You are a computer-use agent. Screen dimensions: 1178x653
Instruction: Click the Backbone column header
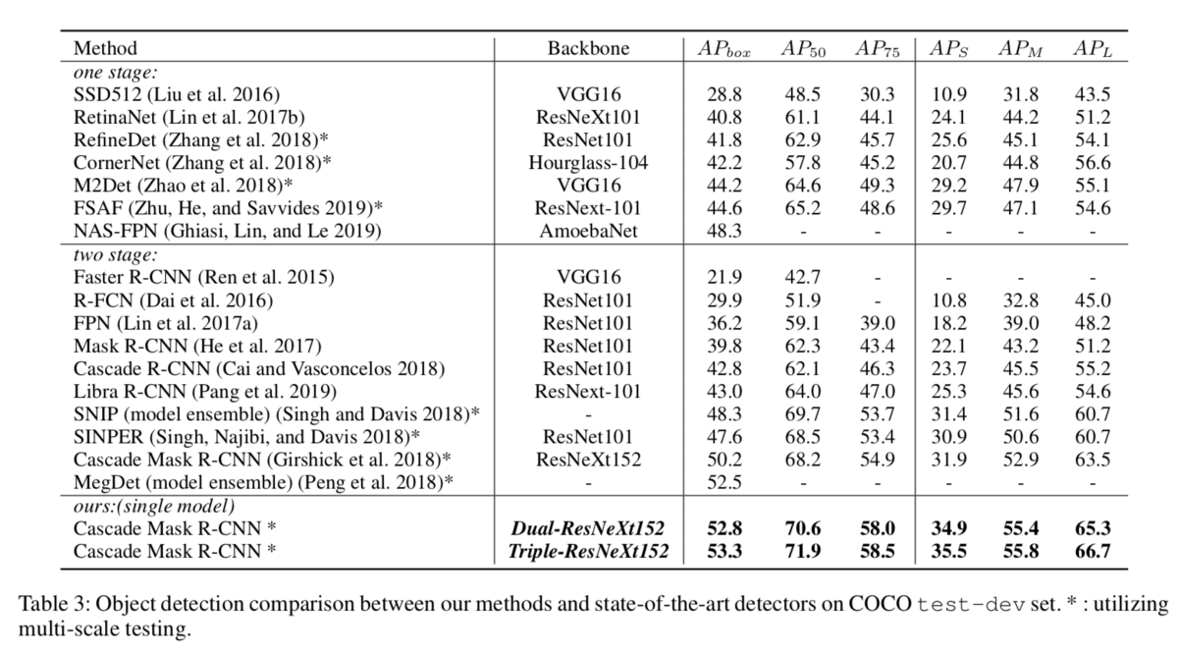tap(588, 48)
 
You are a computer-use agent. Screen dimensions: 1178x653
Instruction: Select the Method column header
tap(105, 48)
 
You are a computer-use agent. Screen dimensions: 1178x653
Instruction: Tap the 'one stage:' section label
tap(115, 72)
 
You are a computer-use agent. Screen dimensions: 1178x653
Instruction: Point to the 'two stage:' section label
tap(115, 254)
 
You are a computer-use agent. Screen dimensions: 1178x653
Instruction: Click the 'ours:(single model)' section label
tap(154, 506)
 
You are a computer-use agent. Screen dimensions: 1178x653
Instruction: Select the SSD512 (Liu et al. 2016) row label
tap(177, 94)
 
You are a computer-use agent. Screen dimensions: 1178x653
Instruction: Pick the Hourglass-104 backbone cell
tap(588, 163)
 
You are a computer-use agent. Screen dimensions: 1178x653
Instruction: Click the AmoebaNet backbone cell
tap(588, 231)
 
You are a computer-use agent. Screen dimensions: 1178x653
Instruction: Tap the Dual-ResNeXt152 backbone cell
tap(588, 528)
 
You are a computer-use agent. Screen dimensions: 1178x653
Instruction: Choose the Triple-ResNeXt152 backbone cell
tap(588, 551)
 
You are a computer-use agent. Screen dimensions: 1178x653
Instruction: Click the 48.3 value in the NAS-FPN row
tap(724, 231)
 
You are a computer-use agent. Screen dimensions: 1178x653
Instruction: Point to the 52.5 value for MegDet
tap(724, 482)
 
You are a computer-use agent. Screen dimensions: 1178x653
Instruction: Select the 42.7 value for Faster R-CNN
tap(803, 277)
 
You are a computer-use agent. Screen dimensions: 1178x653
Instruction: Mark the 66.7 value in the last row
tap(1093, 551)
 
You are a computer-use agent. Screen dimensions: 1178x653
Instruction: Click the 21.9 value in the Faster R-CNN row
tap(724, 277)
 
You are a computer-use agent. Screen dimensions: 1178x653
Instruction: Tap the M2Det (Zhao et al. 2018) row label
tap(183, 186)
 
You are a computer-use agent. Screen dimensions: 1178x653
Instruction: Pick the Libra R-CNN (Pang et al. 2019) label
tap(205, 392)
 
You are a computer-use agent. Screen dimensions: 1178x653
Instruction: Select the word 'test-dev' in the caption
tap(971, 605)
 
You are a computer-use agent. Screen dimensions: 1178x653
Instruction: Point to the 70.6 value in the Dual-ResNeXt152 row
tap(803, 528)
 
